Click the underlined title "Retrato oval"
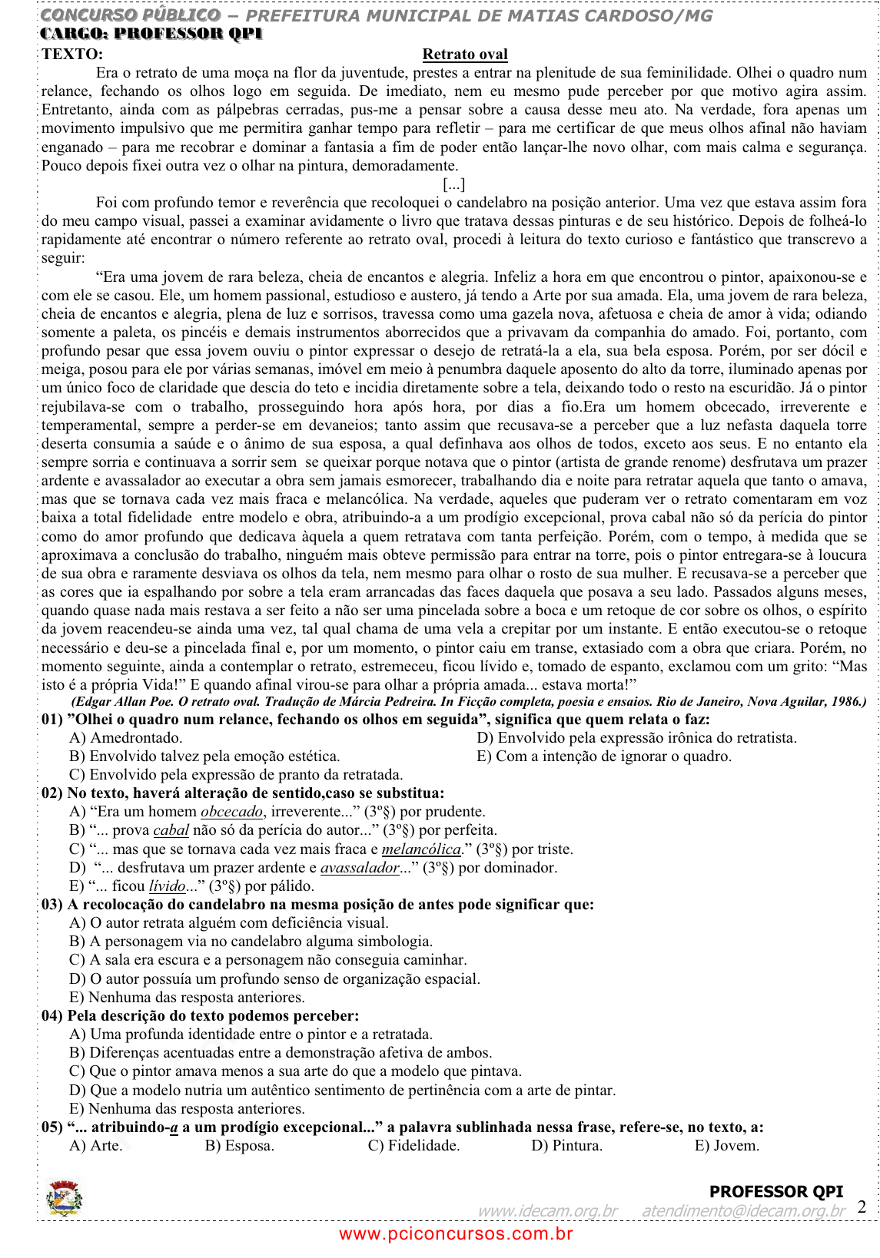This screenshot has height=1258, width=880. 465,55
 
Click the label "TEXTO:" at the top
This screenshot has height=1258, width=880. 72,55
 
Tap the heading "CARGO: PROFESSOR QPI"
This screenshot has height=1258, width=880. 151,34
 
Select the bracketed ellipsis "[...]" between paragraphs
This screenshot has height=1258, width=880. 454,184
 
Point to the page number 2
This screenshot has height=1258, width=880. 862,1207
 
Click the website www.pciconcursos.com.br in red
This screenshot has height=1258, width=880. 456,1234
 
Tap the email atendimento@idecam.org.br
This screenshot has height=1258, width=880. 743,1211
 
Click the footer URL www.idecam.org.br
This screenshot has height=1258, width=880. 548,1211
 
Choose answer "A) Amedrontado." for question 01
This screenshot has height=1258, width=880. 126,738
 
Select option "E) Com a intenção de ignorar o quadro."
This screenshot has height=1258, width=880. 604,756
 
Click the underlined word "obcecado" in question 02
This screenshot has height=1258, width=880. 232,812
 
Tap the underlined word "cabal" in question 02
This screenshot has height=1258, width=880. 171,830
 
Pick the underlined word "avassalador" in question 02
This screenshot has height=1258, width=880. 360,868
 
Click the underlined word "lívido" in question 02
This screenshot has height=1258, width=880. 168,886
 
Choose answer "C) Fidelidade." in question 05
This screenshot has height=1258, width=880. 413,1146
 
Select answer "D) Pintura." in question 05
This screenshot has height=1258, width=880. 566,1146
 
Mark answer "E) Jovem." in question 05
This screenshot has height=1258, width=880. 726,1146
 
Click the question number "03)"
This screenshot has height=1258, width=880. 52,905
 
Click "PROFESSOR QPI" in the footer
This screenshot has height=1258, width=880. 775,1192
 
